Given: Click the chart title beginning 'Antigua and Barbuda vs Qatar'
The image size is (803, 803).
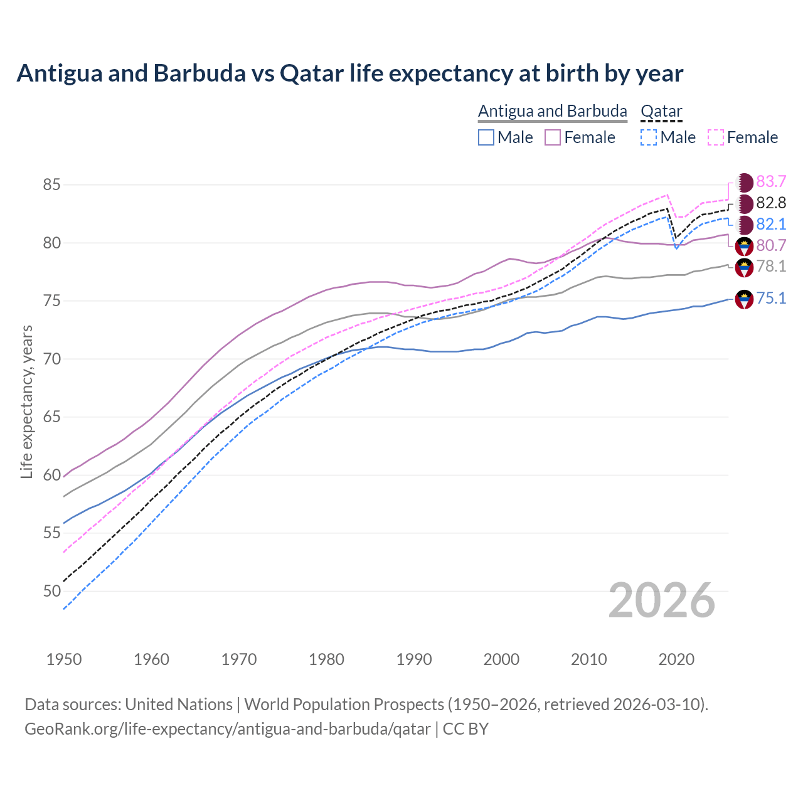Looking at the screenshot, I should [349, 73].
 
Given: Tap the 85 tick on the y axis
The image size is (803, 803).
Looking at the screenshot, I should [51, 185].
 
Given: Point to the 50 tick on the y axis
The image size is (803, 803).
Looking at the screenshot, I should [51, 591].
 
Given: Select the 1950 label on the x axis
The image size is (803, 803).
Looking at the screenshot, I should [64, 659].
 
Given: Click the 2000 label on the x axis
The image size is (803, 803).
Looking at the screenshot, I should [501, 659].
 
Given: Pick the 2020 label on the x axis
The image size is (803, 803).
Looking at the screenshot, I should [676, 659].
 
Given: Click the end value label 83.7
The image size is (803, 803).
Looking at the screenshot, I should [771, 182].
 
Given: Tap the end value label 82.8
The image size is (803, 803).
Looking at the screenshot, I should [771, 203].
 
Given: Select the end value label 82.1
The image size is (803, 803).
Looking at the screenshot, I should [771, 225].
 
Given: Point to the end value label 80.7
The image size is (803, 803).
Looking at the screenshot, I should [771, 245].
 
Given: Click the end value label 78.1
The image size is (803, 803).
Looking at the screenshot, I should [771, 267].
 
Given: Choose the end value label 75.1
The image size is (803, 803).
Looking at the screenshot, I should [771, 299].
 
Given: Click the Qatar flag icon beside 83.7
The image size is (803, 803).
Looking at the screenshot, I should [744, 183].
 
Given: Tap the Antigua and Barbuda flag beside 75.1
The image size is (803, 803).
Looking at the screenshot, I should [744, 299].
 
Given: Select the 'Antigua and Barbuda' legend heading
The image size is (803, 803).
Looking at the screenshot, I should [552, 111].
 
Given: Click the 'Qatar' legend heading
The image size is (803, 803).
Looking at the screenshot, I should [661, 111].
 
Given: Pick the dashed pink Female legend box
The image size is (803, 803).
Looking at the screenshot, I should [716, 137].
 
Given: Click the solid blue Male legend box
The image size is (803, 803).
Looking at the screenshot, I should [486, 137].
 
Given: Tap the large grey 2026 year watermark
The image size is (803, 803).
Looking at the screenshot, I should [662, 600].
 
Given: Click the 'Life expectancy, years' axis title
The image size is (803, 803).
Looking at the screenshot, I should [27, 401].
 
